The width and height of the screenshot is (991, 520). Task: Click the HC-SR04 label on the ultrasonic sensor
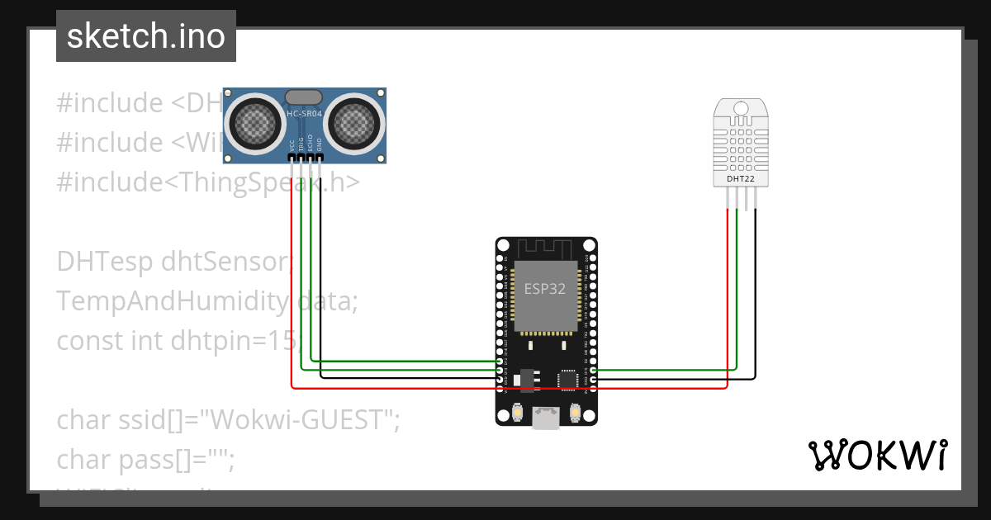(x=304, y=113)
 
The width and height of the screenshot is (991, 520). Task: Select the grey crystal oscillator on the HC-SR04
(x=304, y=97)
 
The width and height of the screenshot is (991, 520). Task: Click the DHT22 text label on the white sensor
(x=740, y=178)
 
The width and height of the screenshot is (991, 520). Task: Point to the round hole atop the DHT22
(x=741, y=107)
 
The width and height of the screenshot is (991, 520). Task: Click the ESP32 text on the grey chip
(x=546, y=289)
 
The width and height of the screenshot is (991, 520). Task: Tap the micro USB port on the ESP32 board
(x=546, y=418)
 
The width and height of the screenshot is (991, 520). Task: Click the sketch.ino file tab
(x=146, y=36)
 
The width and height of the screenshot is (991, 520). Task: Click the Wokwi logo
(x=877, y=455)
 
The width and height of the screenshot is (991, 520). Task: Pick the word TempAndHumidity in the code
(x=173, y=300)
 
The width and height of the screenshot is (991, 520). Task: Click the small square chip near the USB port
(x=569, y=379)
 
